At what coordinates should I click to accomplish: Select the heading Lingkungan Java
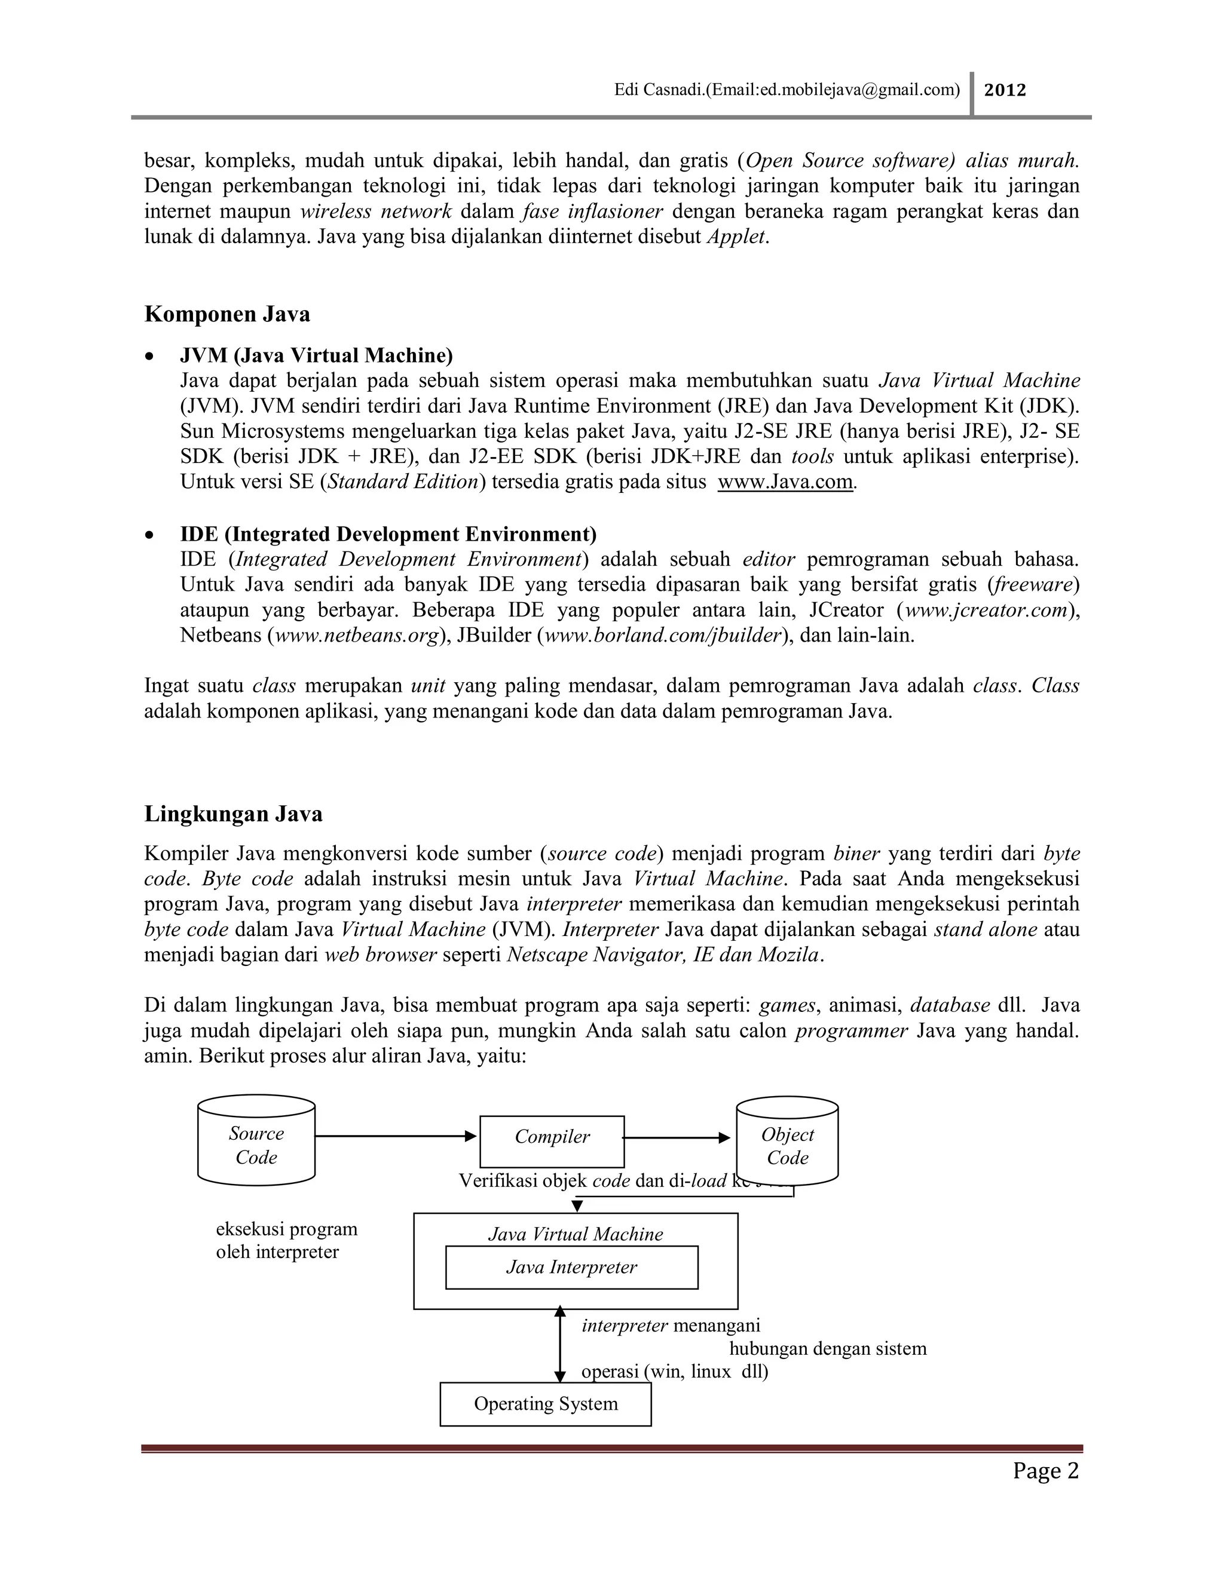point(234,814)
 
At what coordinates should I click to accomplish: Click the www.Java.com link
point(785,482)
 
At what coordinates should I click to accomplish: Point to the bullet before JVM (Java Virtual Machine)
point(149,357)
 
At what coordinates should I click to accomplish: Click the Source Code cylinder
point(256,1145)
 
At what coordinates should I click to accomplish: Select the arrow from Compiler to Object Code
point(677,1138)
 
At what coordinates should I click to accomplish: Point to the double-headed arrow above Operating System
point(559,1345)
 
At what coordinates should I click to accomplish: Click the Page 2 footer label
point(1046,1471)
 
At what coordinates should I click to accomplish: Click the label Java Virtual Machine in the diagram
point(575,1234)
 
